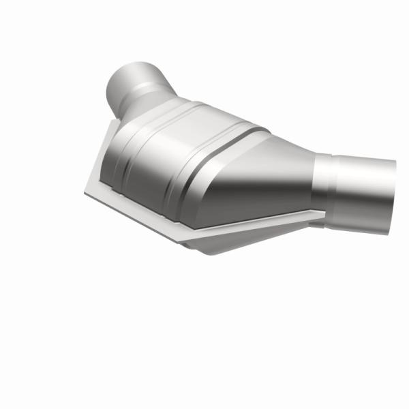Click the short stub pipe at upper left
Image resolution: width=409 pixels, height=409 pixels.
(136, 85)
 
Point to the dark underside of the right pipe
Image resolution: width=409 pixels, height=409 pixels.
(361, 208)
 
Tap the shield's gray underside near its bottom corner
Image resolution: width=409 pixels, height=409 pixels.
(204, 242)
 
